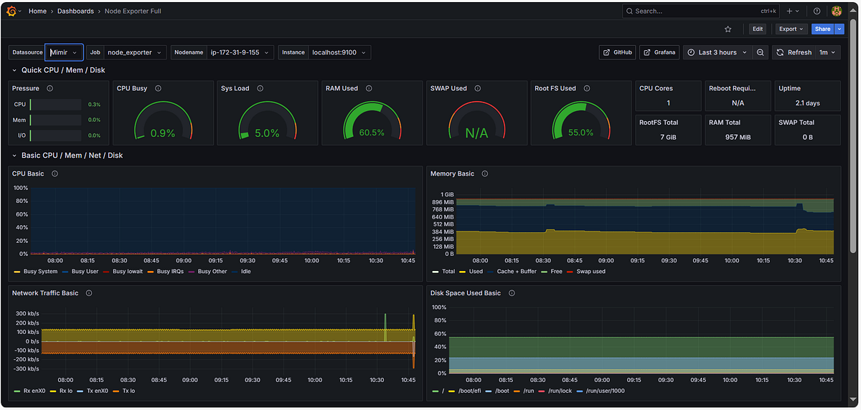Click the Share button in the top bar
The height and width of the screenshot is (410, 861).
(822, 29)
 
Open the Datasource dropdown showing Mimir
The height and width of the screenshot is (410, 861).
(64, 52)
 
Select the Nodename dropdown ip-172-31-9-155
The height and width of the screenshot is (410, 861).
(240, 52)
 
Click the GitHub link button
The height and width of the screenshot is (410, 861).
(617, 52)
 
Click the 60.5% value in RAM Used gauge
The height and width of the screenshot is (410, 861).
(372, 133)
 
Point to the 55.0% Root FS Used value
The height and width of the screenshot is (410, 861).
(580, 133)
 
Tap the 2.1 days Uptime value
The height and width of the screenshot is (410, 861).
(807, 103)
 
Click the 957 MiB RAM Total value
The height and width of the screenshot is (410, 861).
(738, 136)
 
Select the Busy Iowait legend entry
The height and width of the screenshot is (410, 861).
(127, 272)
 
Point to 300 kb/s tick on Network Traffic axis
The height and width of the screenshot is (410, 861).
(27, 313)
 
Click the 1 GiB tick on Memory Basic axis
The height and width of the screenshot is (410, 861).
(447, 194)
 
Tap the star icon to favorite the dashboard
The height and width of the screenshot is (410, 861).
(728, 29)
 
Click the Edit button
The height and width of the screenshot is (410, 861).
(758, 29)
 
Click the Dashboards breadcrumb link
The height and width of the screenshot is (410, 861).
(75, 11)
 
